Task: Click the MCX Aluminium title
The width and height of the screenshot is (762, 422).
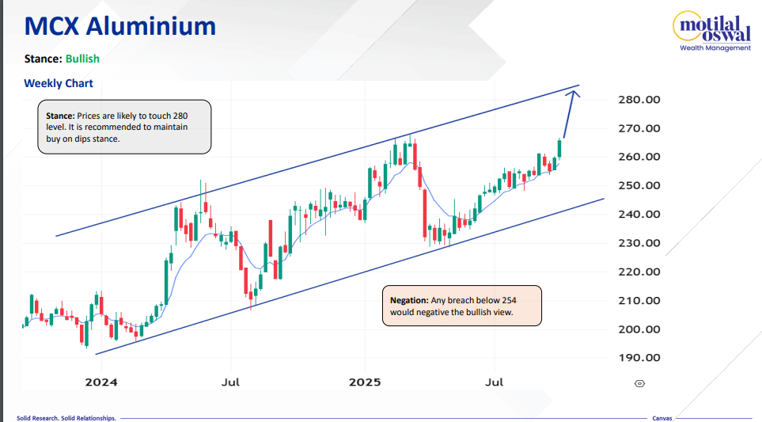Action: (x=120, y=26)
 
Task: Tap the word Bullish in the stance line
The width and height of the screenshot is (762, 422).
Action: (x=82, y=59)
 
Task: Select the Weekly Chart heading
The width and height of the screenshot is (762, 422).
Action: (x=59, y=83)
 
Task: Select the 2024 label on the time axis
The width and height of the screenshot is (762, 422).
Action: (x=101, y=382)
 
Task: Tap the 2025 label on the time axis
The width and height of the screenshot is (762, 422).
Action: (x=366, y=382)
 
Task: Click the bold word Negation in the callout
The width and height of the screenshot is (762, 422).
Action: (x=409, y=301)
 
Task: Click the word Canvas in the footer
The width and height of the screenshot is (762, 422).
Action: (x=662, y=417)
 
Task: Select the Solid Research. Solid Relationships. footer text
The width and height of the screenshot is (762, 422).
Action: (x=66, y=417)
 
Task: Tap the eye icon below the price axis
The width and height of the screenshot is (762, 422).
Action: (x=639, y=383)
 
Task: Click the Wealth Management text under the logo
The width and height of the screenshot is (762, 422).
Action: (x=715, y=48)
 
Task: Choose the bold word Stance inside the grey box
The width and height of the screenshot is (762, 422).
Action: (x=60, y=116)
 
